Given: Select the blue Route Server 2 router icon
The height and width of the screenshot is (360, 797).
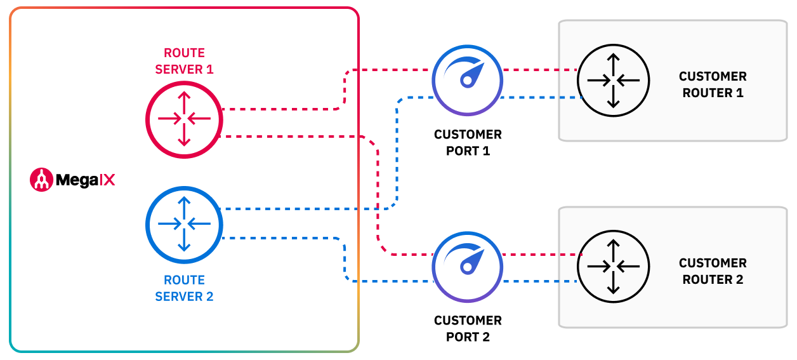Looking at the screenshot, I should pyautogui.click(x=184, y=223).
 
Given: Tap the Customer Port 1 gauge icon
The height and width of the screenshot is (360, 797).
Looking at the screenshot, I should pyautogui.click(x=468, y=80).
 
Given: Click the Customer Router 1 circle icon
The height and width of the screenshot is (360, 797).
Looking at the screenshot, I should pyautogui.click(x=613, y=80).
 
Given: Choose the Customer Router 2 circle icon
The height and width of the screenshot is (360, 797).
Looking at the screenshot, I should pyautogui.click(x=613, y=267).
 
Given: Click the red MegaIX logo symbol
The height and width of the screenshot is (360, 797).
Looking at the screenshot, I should pyautogui.click(x=41, y=180).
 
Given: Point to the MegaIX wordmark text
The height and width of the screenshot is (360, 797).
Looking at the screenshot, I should pyautogui.click(x=86, y=180).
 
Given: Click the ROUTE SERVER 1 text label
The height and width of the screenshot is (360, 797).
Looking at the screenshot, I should pyautogui.click(x=184, y=62).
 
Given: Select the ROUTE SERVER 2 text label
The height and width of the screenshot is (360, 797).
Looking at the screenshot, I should pyautogui.click(x=184, y=288).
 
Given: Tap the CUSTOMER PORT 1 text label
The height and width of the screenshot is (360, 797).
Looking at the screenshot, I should pyautogui.click(x=468, y=143).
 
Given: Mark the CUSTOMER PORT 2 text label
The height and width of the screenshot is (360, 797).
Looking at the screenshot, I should pyautogui.click(x=468, y=329).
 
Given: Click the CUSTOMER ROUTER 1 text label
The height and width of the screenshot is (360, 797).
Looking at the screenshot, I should pyautogui.click(x=713, y=84).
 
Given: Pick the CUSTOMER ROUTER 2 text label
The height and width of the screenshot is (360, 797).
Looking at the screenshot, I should pyautogui.click(x=713, y=271).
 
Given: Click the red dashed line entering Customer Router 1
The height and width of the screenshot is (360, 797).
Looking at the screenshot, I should pyautogui.click(x=539, y=69).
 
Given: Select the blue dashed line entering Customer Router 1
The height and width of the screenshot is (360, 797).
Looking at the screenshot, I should pyautogui.click(x=539, y=97).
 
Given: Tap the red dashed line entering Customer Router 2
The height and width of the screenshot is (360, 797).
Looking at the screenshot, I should pyautogui.click(x=539, y=255).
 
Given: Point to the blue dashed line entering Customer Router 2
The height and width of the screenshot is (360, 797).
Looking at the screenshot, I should pyautogui.click(x=539, y=281).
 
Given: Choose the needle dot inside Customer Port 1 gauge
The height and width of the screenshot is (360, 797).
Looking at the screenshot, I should pyautogui.click(x=468, y=81).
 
